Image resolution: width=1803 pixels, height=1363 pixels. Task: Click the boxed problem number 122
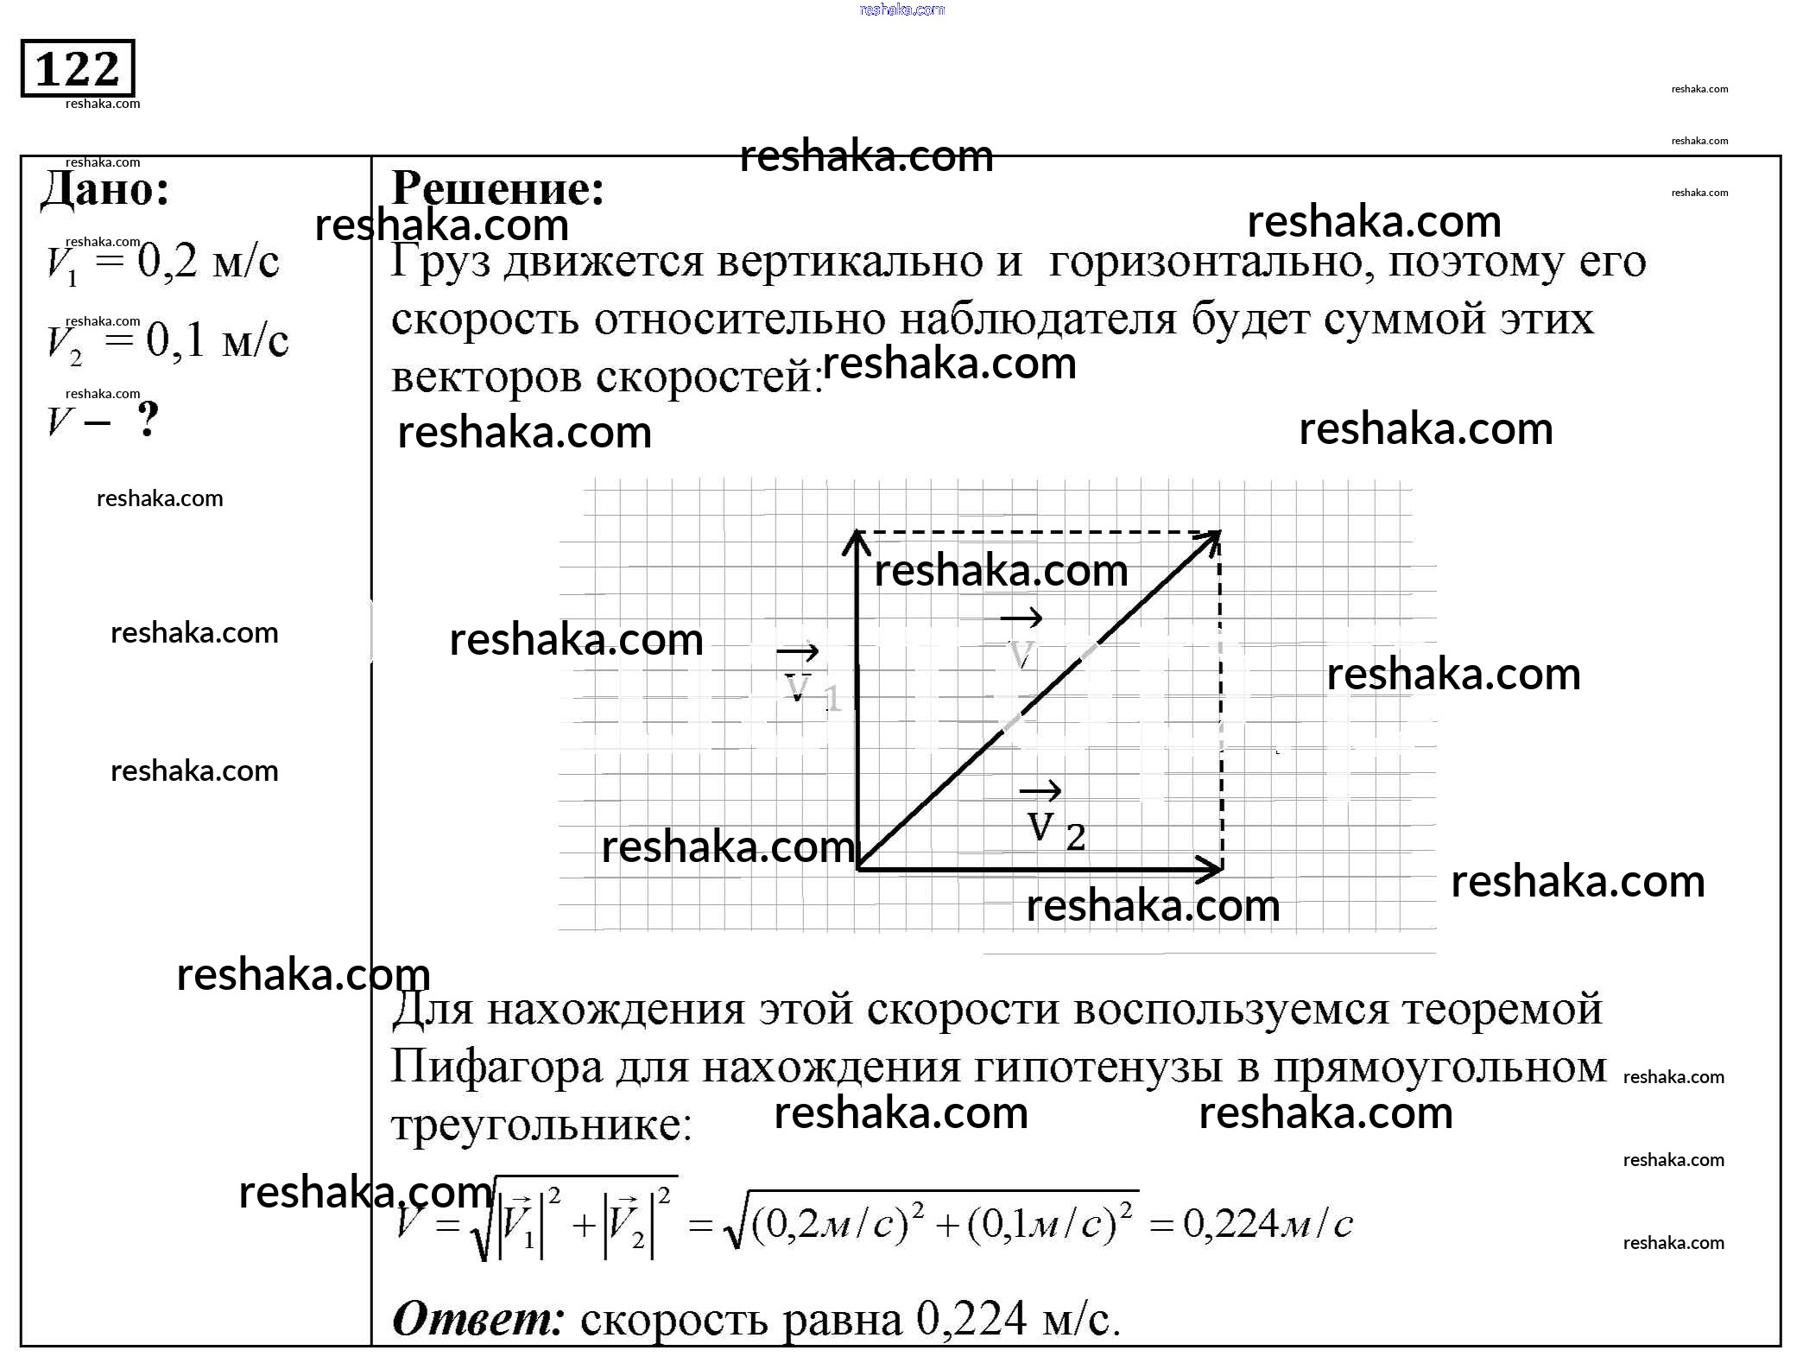pos(78,68)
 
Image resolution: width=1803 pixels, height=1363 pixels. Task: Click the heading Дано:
pos(105,188)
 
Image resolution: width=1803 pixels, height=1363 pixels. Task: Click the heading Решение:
pos(498,188)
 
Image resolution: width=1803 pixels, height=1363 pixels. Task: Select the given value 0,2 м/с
pos(208,261)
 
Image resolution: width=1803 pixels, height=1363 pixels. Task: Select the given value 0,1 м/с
pos(217,340)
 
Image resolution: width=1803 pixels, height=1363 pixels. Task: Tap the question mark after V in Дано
pos(149,421)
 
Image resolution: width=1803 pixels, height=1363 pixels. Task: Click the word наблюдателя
pos(1038,320)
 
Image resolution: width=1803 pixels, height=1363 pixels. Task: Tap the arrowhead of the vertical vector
pos(856,540)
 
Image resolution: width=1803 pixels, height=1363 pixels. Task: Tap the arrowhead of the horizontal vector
pos(1213,868)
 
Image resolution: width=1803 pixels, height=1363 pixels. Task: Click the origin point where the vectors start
pos(857,868)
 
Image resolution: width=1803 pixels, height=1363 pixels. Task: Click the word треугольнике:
pos(541,1125)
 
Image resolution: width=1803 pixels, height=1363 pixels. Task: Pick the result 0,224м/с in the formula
pos(1268,1224)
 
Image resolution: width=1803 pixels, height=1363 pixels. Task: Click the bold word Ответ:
pos(478,1319)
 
